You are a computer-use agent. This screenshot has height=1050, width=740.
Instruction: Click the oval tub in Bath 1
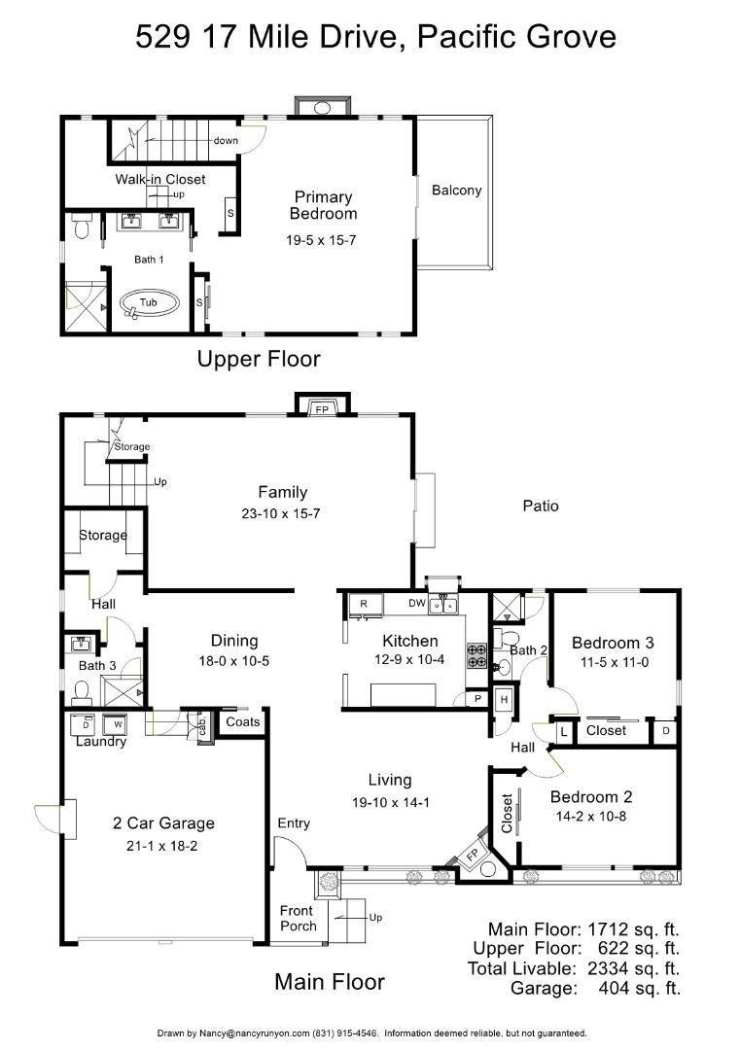tap(150, 303)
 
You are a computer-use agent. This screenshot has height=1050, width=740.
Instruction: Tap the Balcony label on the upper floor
tap(457, 191)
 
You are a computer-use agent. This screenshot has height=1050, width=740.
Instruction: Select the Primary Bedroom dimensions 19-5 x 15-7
tap(321, 240)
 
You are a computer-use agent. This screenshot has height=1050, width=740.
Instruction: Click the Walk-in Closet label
tap(160, 179)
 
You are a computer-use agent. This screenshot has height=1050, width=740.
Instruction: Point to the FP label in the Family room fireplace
tap(322, 408)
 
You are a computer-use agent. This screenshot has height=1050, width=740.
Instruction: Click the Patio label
tap(541, 507)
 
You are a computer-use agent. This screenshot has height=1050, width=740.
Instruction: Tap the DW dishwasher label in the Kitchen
tap(417, 603)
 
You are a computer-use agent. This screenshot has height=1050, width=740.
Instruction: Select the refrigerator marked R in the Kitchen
tap(365, 604)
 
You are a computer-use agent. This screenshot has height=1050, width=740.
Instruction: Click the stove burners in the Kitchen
tap(476, 655)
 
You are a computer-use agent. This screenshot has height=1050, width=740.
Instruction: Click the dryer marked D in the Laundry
tap(86, 724)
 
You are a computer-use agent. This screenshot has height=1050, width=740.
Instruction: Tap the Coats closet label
tap(242, 721)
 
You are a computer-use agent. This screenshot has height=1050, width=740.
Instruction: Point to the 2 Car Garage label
tap(163, 823)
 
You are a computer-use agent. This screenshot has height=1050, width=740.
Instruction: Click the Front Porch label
tap(298, 918)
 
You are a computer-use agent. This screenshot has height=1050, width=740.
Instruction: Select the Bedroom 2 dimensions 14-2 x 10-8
tap(590, 817)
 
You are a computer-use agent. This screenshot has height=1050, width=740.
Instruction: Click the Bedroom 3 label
tap(613, 643)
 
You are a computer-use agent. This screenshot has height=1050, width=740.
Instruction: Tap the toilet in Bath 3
tap(82, 692)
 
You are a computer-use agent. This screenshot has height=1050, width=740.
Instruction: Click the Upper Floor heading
tap(259, 359)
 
